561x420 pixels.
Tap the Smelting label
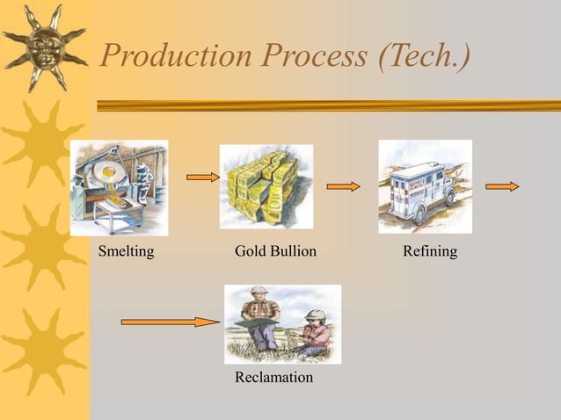(x=127, y=252)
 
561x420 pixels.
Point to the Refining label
(x=429, y=252)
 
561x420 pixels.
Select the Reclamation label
(x=273, y=377)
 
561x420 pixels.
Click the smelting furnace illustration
(x=119, y=187)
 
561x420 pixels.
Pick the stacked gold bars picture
(x=266, y=186)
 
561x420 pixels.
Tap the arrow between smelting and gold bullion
(x=203, y=177)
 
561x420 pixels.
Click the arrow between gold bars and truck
(x=343, y=186)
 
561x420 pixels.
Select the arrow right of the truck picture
(x=502, y=186)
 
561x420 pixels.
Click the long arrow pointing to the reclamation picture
(x=170, y=322)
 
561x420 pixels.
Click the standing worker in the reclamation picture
(x=260, y=316)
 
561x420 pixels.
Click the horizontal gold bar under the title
(x=325, y=105)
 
